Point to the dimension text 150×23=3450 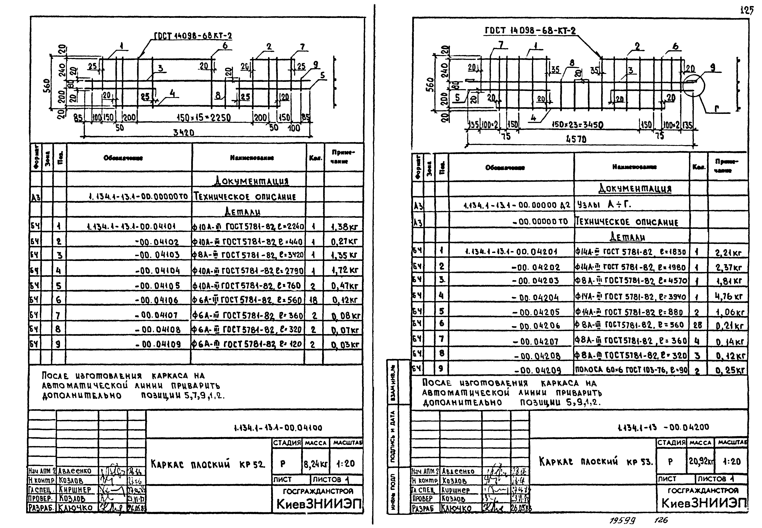(577, 125)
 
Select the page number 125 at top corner (747, 11)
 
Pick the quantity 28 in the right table (697, 325)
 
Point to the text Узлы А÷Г (604, 205)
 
